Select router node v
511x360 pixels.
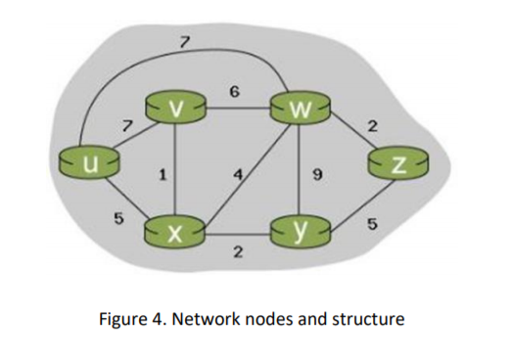pyautogui.click(x=174, y=108)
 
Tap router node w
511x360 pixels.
pyautogui.click(x=301, y=107)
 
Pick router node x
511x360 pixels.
pyautogui.click(x=173, y=233)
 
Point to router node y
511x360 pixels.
pyautogui.click(x=301, y=233)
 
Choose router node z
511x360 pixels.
pyautogui.click(x=397, y=162)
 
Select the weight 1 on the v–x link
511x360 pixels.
pyautogui.click(x=162, y=175)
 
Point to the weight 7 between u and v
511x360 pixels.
pyautogui.click(x=124, y=124)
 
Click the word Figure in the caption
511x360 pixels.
pyautogui.click(x=131, y=319)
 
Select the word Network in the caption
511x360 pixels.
pyautogui.click(x=209, y=319)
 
